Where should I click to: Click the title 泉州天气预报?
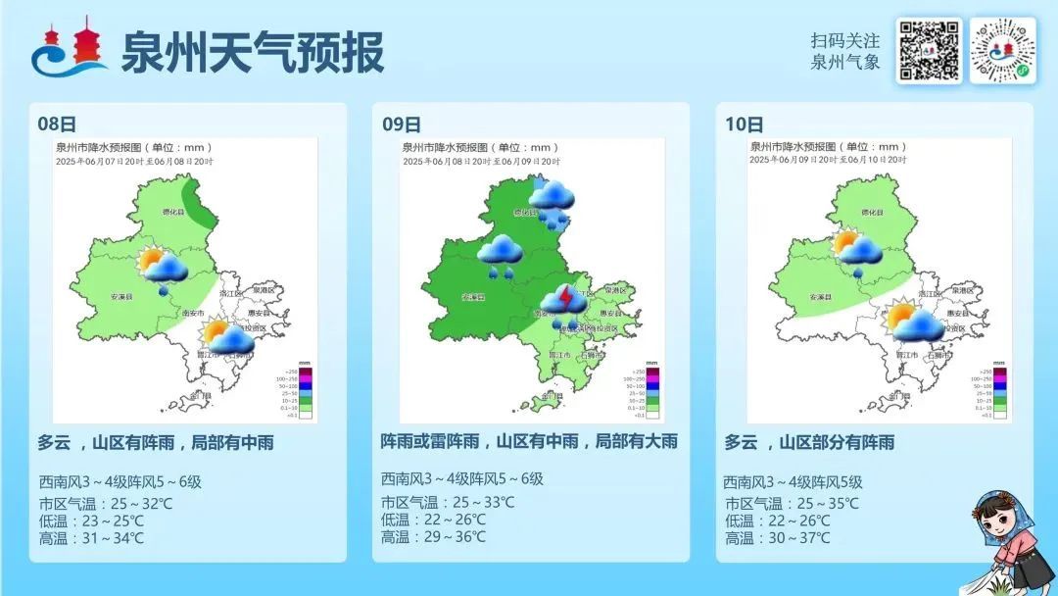(x=252, y=51)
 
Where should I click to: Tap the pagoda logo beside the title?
(x=70, y=50)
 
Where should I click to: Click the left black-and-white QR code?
(x=928, y=50)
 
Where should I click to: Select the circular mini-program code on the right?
(x=1002, y=50)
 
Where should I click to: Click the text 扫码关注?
(x=844, y=41)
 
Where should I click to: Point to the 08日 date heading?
(x=56, y=124)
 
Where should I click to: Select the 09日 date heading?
(x=401, y=124)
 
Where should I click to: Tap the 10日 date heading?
(x=745, y=124)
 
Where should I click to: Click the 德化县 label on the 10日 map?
(x=872, y=212)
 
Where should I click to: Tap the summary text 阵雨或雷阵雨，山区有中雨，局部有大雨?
(x=529, y=442)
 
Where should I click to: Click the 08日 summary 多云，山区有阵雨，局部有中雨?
(x=156, y=443)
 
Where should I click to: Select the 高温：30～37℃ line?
(x=777, y=538)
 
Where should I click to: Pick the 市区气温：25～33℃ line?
(x=447, y=502)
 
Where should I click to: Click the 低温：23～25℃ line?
(x=91, y=521)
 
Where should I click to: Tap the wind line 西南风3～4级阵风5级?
(x=793, y=481)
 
